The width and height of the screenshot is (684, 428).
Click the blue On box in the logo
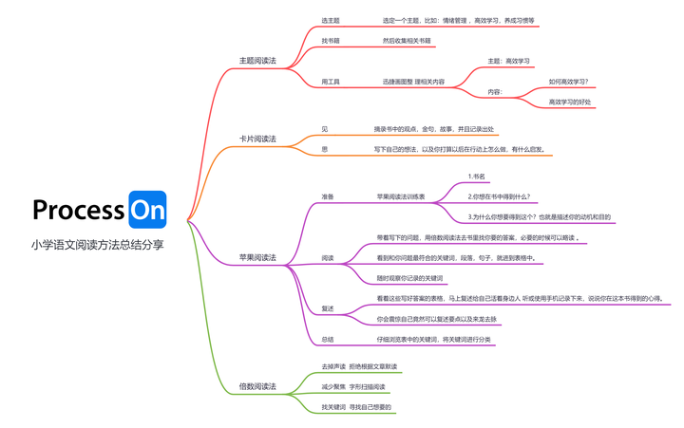[147, 211]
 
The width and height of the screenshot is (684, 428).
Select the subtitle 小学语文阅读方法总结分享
[98, 244]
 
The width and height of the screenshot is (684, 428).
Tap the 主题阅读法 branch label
[257, 61]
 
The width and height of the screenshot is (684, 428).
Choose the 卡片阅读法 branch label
[257, 140]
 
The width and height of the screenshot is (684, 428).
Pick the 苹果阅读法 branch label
[257, 257]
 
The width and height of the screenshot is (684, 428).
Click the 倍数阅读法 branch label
[257, 386]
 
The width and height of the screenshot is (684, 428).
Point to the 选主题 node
[331, 20]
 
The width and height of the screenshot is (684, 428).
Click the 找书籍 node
[331, 41]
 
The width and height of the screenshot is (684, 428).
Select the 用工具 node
[331, 82]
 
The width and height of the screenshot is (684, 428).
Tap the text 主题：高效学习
[509, 61]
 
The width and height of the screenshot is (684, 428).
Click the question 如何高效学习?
[568, 82]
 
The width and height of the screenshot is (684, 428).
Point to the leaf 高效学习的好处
[570, 102]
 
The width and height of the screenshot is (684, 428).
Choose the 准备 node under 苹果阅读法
[328, 197]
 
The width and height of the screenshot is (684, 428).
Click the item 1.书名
[477, 177]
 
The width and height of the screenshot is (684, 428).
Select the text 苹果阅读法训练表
[401, 197]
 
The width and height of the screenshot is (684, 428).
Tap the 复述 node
[328, 308]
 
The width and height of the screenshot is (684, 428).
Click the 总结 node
[328, 339]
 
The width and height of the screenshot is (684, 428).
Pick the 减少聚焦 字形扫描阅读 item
[354, 387]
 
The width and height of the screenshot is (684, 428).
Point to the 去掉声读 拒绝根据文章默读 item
[359, 366]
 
